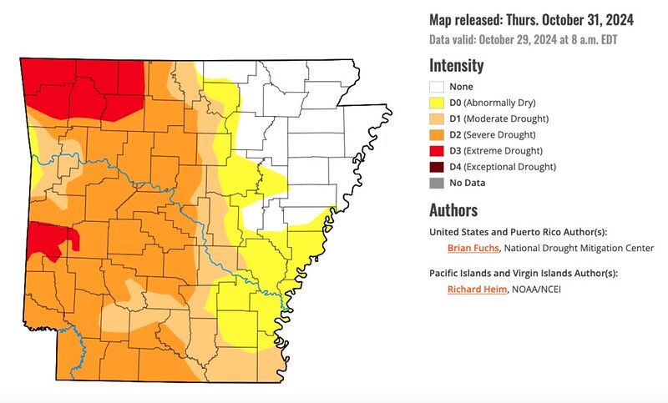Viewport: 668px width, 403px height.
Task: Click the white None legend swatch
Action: (x=436, y=87)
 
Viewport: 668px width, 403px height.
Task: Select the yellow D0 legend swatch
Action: (x=436, y=103)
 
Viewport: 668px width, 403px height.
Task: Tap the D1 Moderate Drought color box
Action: (x=436, y=118)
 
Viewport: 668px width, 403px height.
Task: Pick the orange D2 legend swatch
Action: (x=436, y=134)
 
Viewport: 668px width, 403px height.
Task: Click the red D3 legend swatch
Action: (x=436, y=150)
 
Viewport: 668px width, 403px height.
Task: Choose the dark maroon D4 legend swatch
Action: (x=436, y=166)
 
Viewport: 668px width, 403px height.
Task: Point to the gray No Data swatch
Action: (x=436, y=182)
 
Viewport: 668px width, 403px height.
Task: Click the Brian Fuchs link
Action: (x=473, y=248)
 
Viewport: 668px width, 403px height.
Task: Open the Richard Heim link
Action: (x=477, y=290)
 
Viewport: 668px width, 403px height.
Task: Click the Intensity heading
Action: (x=456, y=65)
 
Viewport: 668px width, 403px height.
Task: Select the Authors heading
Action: (x=453, y=209)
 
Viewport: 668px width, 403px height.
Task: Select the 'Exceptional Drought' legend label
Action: (x=510, y=166)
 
